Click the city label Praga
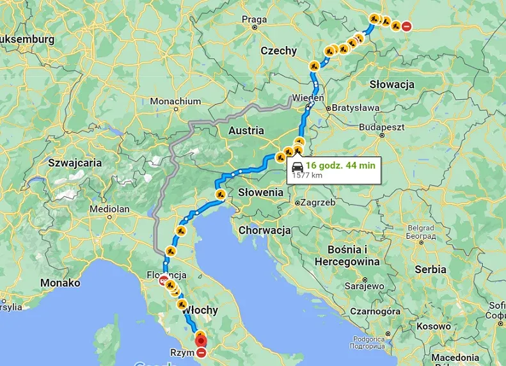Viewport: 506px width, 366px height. (x=254, y=19)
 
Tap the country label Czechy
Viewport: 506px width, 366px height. (x=278, y=51)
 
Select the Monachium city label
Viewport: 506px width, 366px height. (x=175, y=101)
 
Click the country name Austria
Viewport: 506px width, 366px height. (x=246, y=131)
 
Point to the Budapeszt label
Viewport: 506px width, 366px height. (x=383, y=127)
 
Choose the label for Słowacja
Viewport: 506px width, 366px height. (x=391, y=84)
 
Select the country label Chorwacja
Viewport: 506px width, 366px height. (x=264, y=230)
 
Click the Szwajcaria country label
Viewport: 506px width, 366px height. (x=75, y=163)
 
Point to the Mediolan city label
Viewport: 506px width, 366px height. (x=110, y=209)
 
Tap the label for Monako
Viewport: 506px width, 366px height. (x=60, y=282)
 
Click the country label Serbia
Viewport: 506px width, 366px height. (x=430, y=269)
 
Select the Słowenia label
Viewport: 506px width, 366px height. (x=260, y=192)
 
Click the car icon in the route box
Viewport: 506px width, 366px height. (x=297, y=166)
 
